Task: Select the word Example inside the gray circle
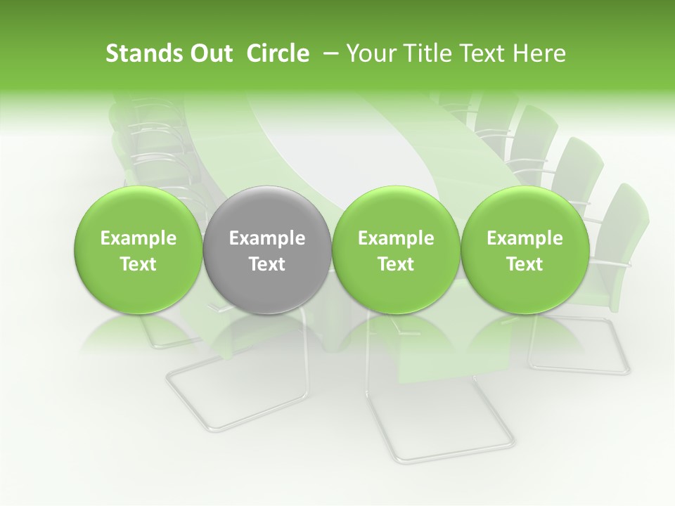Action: (x=266, y=238)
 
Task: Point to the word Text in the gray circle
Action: (x=266, y=264)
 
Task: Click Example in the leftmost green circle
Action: (x=138, y=238)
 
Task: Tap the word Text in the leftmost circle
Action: (x=138, y=264)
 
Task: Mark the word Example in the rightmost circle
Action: (x=525, y=238)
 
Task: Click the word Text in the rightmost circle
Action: (x=525, y=264)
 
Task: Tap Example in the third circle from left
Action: (x=396, y=238)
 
